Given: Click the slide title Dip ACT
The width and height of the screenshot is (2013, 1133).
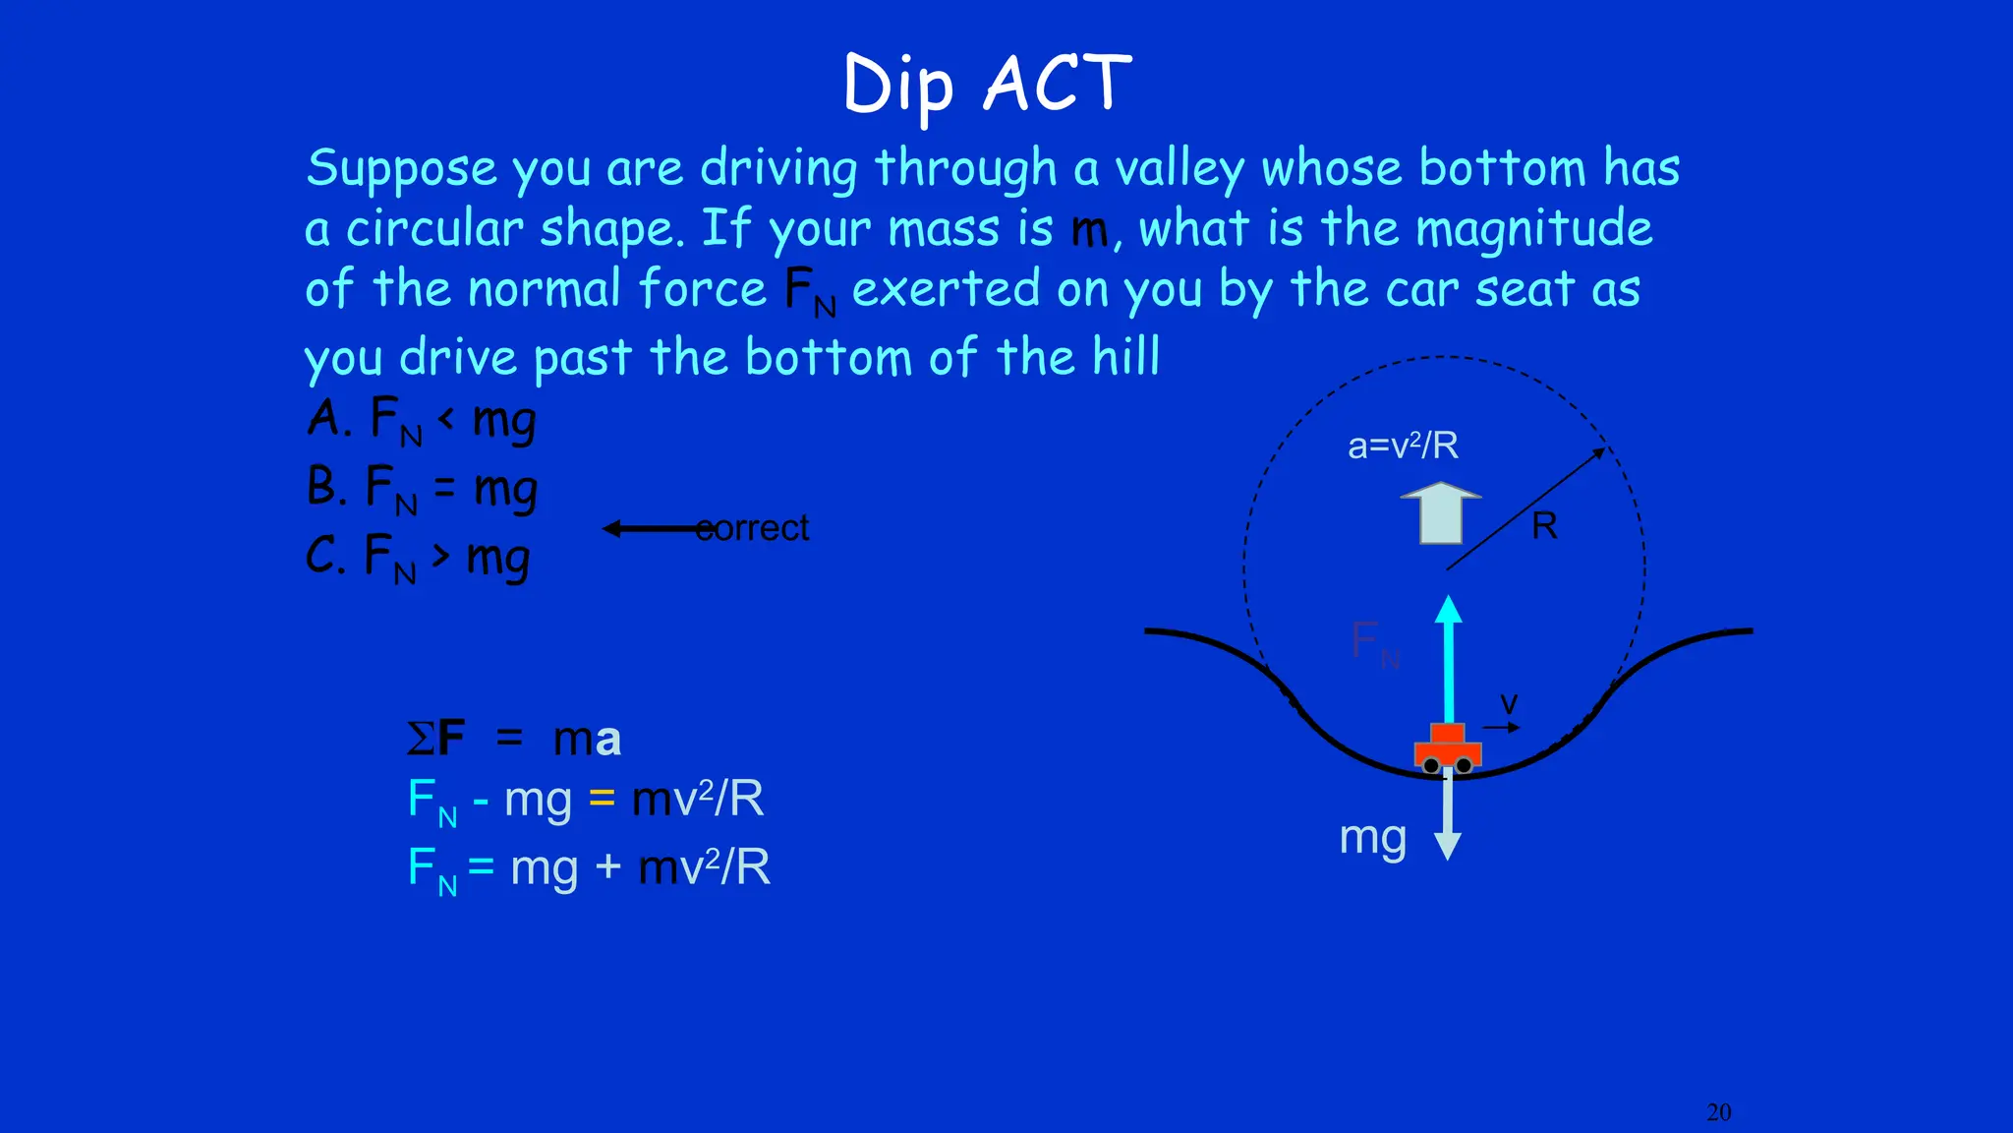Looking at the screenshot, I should [987, 85].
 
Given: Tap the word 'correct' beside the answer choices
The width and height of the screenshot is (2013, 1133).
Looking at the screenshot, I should [752, 528].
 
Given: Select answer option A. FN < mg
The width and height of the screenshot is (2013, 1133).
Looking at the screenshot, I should [422, 420].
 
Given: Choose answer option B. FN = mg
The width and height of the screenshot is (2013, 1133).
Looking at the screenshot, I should [422, 488].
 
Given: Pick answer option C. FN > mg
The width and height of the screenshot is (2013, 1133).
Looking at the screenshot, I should [418, 557].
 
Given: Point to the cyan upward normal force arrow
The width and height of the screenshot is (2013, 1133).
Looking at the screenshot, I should [1448, 659].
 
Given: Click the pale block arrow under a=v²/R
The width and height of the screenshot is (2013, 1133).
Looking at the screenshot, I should [1440, 512].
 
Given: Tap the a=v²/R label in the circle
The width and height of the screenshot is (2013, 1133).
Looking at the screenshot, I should [1403, 446].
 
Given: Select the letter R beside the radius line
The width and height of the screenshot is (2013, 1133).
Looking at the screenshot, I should [1544, 526].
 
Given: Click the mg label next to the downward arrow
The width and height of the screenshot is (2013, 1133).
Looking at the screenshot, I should [1372, 837].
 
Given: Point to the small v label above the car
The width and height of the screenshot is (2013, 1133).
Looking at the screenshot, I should [1509, 703].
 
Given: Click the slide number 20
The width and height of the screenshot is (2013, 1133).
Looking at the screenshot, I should [1718, 1112].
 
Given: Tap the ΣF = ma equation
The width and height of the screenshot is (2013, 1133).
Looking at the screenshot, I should [514, 738].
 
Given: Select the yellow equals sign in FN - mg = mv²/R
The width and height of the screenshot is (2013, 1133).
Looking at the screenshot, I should [602, 798].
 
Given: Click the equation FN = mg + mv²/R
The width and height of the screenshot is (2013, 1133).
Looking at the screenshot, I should [589, 867].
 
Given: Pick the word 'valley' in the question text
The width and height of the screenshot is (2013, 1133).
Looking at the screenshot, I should [1179, 169].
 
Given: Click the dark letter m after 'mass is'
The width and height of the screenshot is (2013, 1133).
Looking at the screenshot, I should [1089, 230].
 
